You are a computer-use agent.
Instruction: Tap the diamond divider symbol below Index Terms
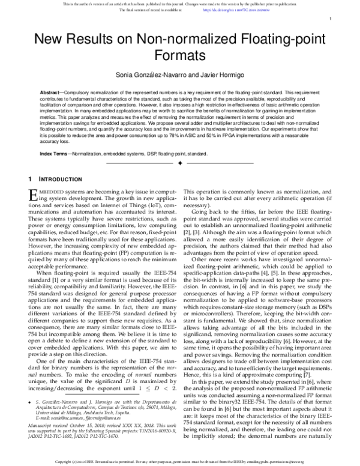[x=180, y=163]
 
